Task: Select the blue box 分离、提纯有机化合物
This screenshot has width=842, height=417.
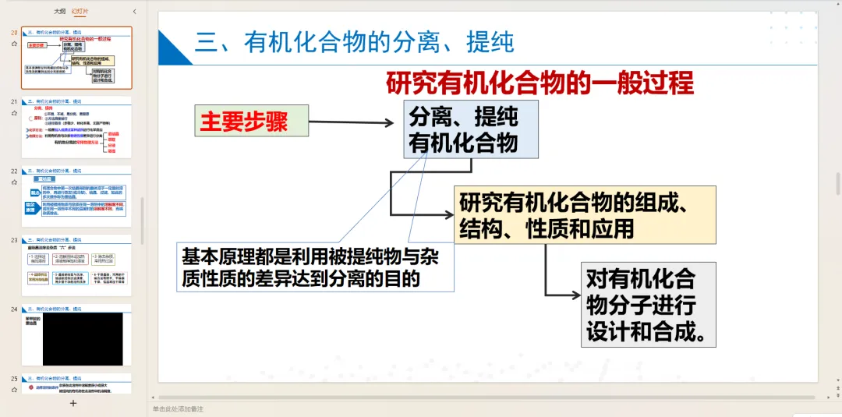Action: pos(470,129)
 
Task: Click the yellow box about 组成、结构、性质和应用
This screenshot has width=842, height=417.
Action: pos(585,214)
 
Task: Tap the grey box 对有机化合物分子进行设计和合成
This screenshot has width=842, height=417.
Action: pos(649,305)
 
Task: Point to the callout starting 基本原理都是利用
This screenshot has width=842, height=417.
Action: pos(315,266)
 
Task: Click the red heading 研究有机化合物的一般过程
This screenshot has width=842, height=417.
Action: pos(540,83)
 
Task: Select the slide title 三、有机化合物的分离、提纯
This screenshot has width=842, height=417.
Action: pos(355,42)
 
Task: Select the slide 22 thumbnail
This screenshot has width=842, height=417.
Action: pos(76,200)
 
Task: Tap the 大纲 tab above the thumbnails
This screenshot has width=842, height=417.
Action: pos(59,12)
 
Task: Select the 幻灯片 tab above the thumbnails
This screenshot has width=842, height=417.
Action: pos(80,12)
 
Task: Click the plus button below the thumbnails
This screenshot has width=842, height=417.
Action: pos(73,403)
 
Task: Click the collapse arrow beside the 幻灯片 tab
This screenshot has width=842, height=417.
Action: pos(134,12)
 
